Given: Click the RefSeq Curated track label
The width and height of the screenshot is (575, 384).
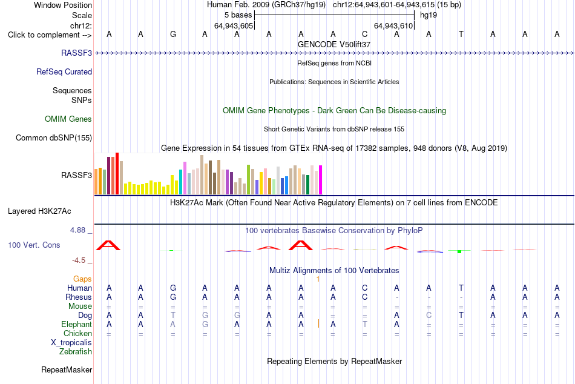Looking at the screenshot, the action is tap(64, 71).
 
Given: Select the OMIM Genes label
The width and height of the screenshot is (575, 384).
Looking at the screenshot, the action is tap(68, 119).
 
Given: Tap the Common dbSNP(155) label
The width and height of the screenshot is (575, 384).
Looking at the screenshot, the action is tap(54, 137).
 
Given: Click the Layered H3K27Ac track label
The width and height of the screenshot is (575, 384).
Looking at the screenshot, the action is tap(39, 211).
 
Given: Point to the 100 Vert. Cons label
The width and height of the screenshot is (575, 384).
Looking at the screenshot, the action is tap(34, 245).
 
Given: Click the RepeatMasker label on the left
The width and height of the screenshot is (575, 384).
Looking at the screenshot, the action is tap(67, 369).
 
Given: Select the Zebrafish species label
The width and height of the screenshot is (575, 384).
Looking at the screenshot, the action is tap(76, 351).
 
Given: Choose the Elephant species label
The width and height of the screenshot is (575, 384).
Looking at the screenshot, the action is tap(77, 324).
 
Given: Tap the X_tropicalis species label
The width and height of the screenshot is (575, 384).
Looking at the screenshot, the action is tap(71, 343).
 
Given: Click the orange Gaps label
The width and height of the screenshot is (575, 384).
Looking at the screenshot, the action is tap(82, 279).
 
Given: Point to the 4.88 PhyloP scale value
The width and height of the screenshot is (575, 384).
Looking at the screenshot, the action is tap(77, 230).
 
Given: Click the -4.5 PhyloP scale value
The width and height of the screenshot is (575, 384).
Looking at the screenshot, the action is tap(79, 260).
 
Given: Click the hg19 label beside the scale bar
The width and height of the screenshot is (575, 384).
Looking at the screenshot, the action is tap(429, 15).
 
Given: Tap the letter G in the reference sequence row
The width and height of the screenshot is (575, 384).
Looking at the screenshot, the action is tap(173, 34).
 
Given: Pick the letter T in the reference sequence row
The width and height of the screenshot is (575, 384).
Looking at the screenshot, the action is tap(461, 34).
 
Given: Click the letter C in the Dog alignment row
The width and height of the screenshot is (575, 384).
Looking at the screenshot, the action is tap(429, 316).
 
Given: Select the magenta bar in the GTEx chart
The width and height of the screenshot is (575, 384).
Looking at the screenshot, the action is tap(321, 180).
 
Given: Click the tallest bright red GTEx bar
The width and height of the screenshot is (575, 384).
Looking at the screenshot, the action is tap(117, 174).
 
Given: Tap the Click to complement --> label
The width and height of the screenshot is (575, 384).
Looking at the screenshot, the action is tap(50, 35).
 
